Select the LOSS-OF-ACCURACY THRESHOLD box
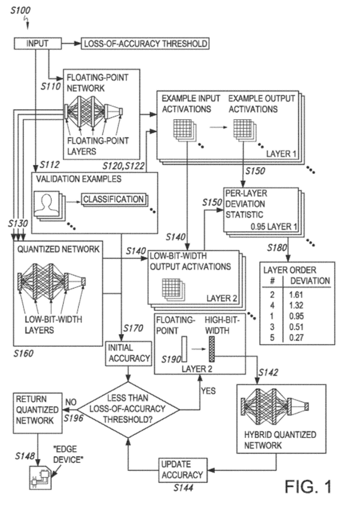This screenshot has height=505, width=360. [x=146, y=44]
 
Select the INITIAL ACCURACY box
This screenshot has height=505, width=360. [x=129, y=352]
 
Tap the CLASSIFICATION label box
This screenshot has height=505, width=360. [x=113, y=199]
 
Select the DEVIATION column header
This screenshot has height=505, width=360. [x=310, y=281]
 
